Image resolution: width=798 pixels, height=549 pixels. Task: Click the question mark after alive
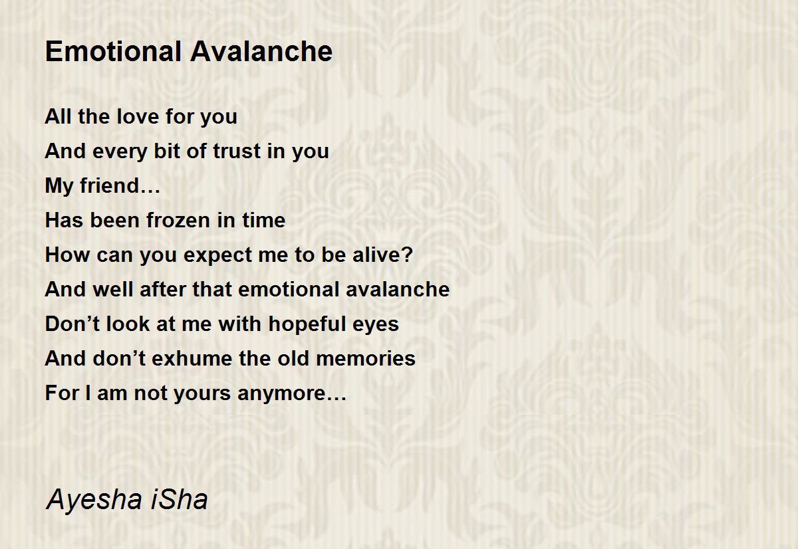point(408,255)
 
